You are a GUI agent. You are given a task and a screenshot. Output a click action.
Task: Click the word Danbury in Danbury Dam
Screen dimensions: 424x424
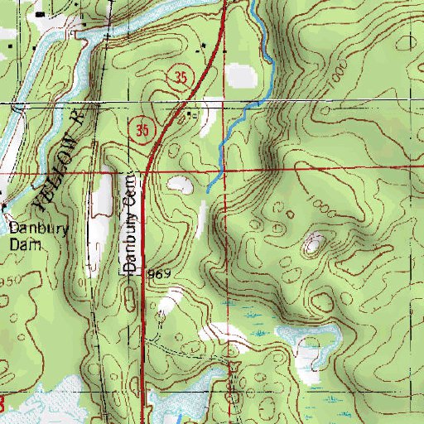(31, 223)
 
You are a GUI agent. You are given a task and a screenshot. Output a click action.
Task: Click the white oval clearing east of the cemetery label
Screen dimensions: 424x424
(181, 185)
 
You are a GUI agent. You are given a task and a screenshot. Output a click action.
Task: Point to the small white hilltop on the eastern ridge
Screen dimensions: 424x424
(314, 243)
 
